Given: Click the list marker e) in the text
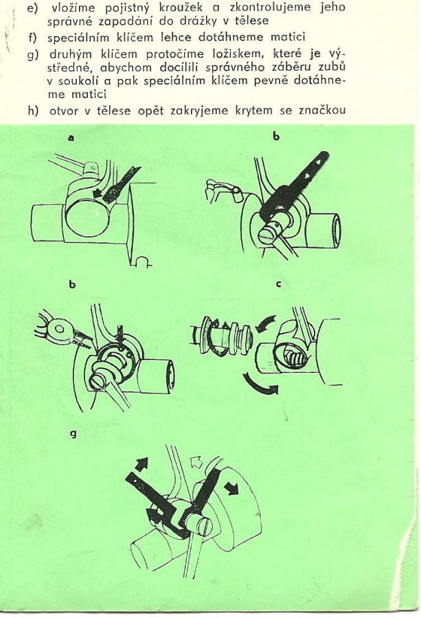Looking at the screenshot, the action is point(32,8).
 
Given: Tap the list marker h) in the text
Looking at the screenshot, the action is point(34,111).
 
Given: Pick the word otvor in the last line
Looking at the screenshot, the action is point(64,111).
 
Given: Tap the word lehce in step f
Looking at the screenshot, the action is point(176,37).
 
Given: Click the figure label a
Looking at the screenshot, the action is point(71,137).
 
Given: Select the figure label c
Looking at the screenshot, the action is point(278,284).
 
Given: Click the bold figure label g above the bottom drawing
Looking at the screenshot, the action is point(72,435).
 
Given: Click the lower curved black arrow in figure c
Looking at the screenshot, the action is point(260,384).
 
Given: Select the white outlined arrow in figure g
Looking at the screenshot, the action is point(197,461).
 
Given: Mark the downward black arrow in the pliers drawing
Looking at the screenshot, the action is point(122,325).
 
